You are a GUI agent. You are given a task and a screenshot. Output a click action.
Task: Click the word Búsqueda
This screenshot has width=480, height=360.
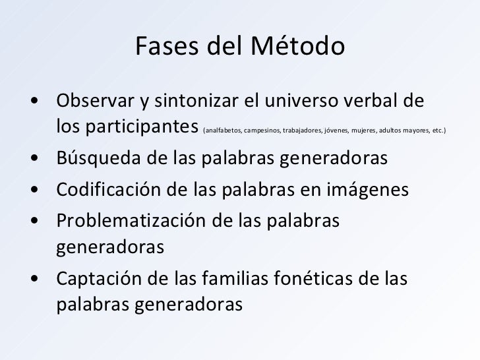(x=94, y=160)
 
